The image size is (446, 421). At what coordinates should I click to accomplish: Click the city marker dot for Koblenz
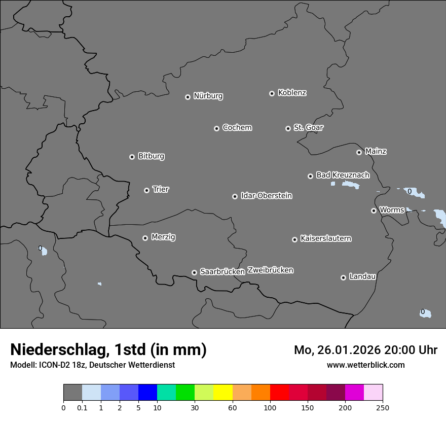click(272, 93)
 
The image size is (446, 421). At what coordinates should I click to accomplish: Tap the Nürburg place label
click(208, 96)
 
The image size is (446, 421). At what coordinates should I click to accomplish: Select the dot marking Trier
click(146, 190)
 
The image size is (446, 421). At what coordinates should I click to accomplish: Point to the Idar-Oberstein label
click(266, 196)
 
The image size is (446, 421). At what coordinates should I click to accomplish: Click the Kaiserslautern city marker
click(294, 239)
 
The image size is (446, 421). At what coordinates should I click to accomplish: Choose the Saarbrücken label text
click(222, 272)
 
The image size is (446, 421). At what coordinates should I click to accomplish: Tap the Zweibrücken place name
click(270, 270)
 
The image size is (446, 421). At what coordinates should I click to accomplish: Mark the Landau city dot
click(343, 277)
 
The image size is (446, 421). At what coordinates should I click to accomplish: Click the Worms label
click(391, 210)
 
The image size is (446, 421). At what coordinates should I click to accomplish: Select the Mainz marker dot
click(359, 152)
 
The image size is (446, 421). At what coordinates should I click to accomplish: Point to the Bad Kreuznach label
click(343, 175)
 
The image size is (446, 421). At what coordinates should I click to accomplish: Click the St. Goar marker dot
click(288, 128)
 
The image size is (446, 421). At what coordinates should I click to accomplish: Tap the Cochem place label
click(237, 128)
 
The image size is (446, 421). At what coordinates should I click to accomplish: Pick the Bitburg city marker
click(132, 157)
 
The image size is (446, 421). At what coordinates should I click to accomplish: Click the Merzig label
click(163, 237)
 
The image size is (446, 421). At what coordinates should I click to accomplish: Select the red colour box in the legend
click(279, 393)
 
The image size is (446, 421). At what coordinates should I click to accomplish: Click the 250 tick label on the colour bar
click(383, 407)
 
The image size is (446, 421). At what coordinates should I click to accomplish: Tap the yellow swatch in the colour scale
click(223, 393)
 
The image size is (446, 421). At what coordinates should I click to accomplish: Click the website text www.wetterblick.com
click(365, 365)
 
